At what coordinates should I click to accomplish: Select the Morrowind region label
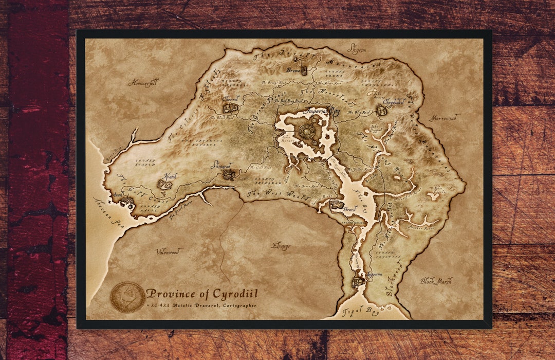coord(443,117)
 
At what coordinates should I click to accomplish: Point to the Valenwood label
coord(169,251)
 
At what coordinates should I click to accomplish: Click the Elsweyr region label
coord(281,246)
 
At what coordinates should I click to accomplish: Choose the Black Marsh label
coord(436,281)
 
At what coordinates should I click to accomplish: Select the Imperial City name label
coord(323,111)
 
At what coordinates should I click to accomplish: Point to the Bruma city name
coord(293,70)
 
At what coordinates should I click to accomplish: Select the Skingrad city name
coord(223,166)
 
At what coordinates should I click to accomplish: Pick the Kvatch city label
coord(171,176)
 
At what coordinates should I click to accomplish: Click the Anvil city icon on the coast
coord(126,201)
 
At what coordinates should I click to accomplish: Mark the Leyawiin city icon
coord(358,281)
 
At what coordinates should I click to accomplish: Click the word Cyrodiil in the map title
coord(231,294)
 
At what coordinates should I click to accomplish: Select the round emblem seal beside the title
coord(127,297)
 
